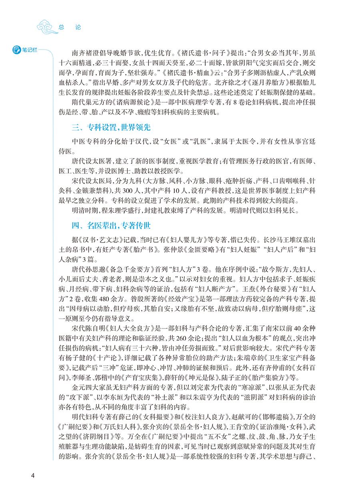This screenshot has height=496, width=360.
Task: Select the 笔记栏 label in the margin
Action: click(27, 49)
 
